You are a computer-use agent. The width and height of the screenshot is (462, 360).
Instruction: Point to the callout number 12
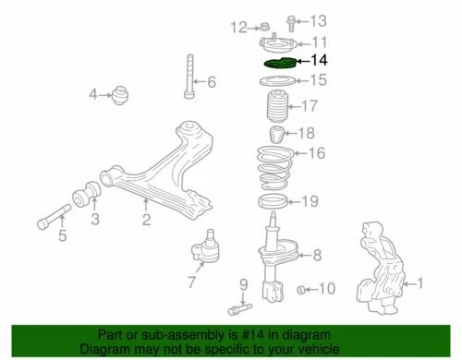click(239, 25)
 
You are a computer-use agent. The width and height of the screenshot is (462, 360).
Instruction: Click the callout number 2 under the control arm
click(145, 219)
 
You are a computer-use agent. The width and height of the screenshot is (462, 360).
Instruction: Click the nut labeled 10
click(302, 292)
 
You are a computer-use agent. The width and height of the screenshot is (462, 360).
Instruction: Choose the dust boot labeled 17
click(276, 109)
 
